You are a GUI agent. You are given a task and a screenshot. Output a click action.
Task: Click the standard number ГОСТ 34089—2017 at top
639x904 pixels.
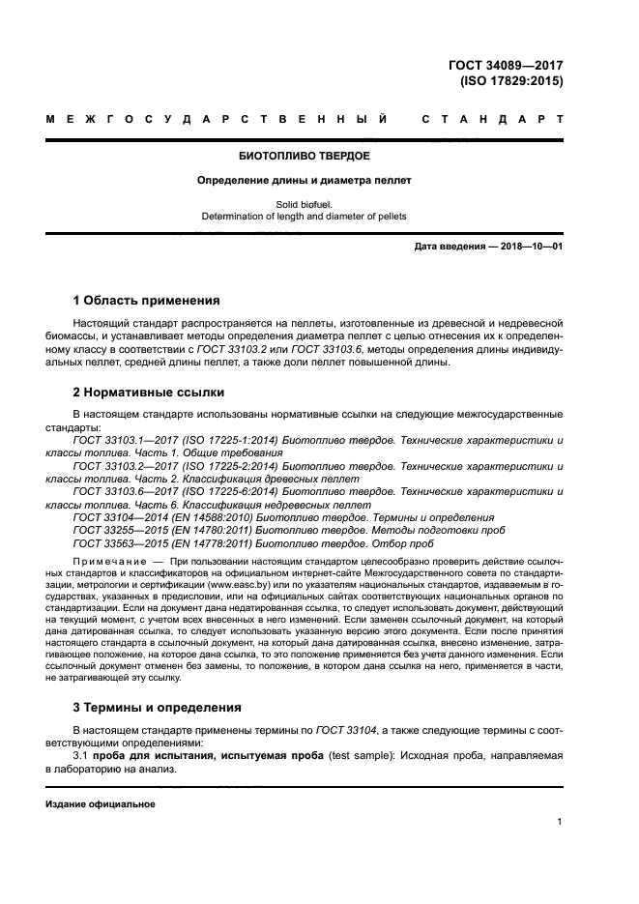506,66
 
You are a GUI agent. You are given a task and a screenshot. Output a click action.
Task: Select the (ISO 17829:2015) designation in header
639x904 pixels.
512,81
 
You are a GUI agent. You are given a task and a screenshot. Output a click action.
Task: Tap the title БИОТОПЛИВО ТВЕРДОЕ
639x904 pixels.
305,155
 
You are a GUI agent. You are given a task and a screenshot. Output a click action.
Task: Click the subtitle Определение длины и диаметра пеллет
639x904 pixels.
305,180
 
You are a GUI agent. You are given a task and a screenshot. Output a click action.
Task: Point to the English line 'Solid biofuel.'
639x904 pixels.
305,204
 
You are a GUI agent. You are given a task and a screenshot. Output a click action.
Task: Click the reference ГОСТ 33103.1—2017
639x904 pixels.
120,440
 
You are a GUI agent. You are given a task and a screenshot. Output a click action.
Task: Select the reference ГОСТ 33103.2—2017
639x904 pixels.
120,466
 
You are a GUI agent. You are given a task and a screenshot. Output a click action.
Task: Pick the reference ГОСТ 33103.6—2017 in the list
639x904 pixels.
120,492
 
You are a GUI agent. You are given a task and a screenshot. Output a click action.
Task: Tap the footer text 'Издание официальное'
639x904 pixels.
101,804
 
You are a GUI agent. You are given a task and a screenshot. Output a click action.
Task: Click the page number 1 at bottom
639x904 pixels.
560,822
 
